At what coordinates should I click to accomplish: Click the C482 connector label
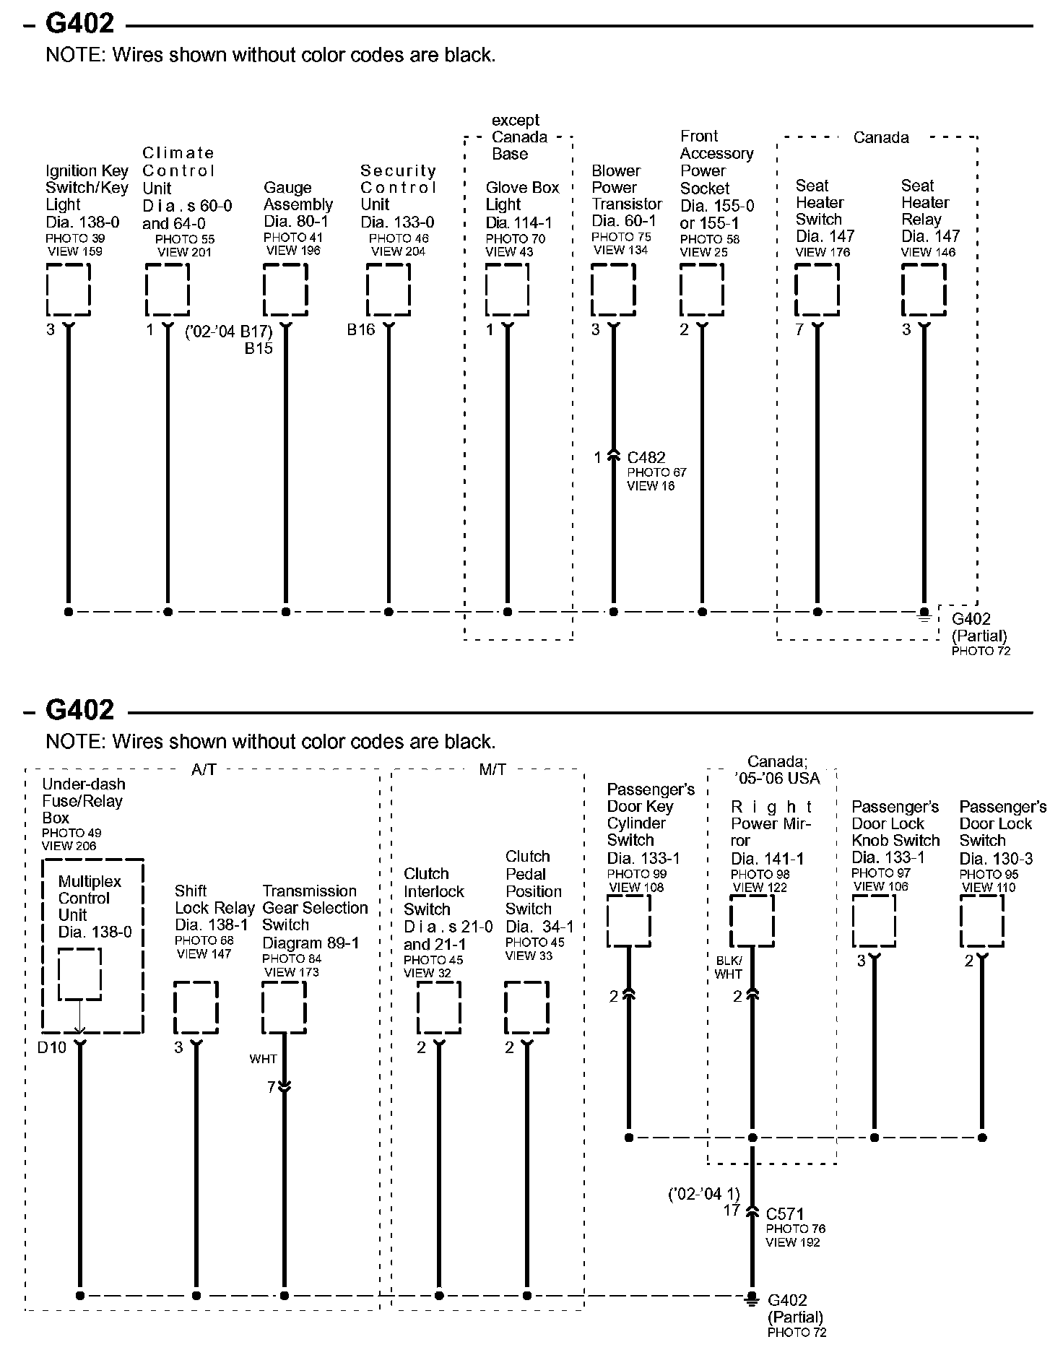[646, 457]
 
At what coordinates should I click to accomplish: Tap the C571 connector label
[785, 1214]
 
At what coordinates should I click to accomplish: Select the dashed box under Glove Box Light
[507, 290]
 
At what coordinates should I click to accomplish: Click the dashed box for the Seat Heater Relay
[924, 290]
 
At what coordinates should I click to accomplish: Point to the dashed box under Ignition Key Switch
[69, 290]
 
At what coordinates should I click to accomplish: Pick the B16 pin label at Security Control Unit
[361, 330]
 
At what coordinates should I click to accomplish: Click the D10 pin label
[52, 1047]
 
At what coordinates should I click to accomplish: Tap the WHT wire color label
[264, 1059]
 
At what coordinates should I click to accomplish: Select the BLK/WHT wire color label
[729, 967]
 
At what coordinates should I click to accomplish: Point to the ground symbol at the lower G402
[752, 1299]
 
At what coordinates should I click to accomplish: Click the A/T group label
[204, 770]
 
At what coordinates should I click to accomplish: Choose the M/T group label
[493, 770]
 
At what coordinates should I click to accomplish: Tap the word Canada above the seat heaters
[881, 137]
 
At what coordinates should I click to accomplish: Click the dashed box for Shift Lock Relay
[196, 1008]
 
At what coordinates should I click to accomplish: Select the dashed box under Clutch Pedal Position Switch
[526, 1008]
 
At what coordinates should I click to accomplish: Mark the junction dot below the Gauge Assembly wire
[286, 612]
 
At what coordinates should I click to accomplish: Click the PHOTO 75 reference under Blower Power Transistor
[621, 237]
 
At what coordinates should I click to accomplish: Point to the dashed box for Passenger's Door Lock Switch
[981, 921]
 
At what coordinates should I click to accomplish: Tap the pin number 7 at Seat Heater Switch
[799, 330]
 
